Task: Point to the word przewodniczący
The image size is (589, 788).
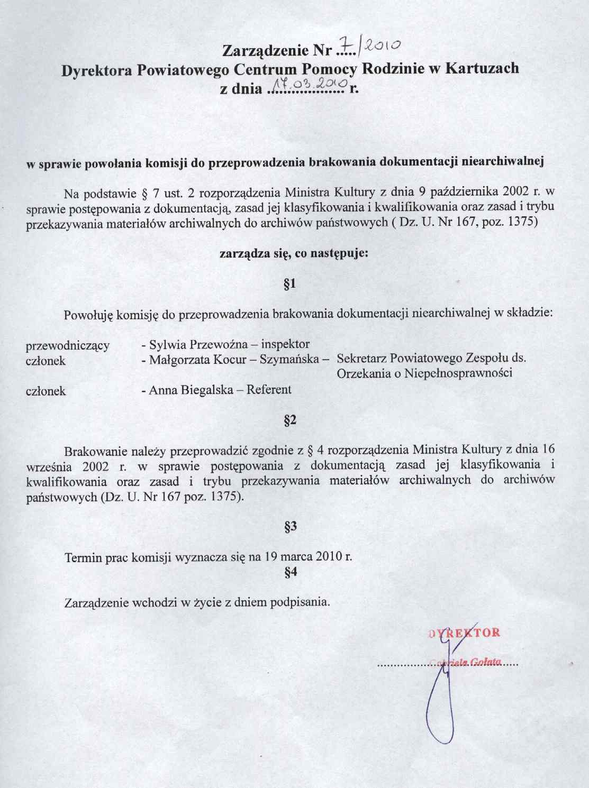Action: (68, 346)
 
